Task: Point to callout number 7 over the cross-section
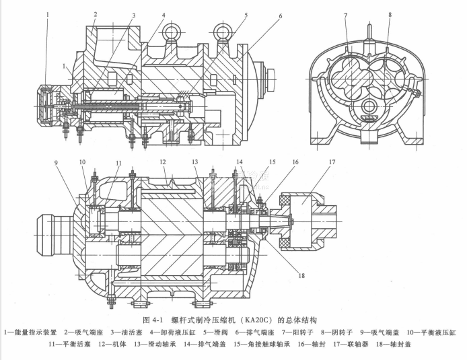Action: coord(345,15)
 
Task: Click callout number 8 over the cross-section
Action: coord(389,14)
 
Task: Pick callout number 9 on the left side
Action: coord(56,162)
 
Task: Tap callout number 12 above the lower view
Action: coord(162,162)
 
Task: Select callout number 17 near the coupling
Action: coord(332,162)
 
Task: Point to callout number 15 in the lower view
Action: coord(271,162)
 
